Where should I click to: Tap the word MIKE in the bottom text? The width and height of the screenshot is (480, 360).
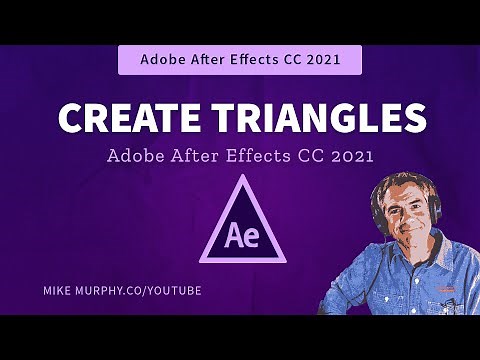59,290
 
